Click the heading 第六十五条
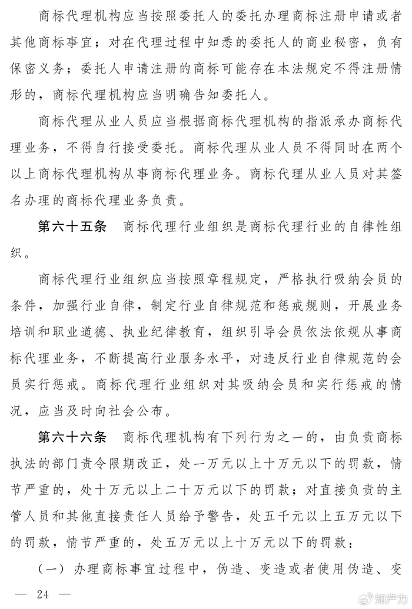(72, 227)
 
